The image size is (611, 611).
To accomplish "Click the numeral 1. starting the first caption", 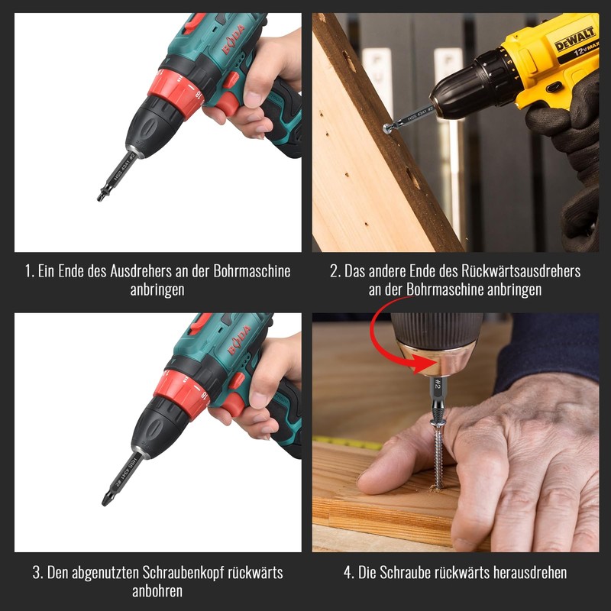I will [29, 271].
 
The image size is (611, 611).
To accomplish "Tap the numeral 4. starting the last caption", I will [349, 573].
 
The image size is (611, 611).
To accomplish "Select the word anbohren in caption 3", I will [157, 591].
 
